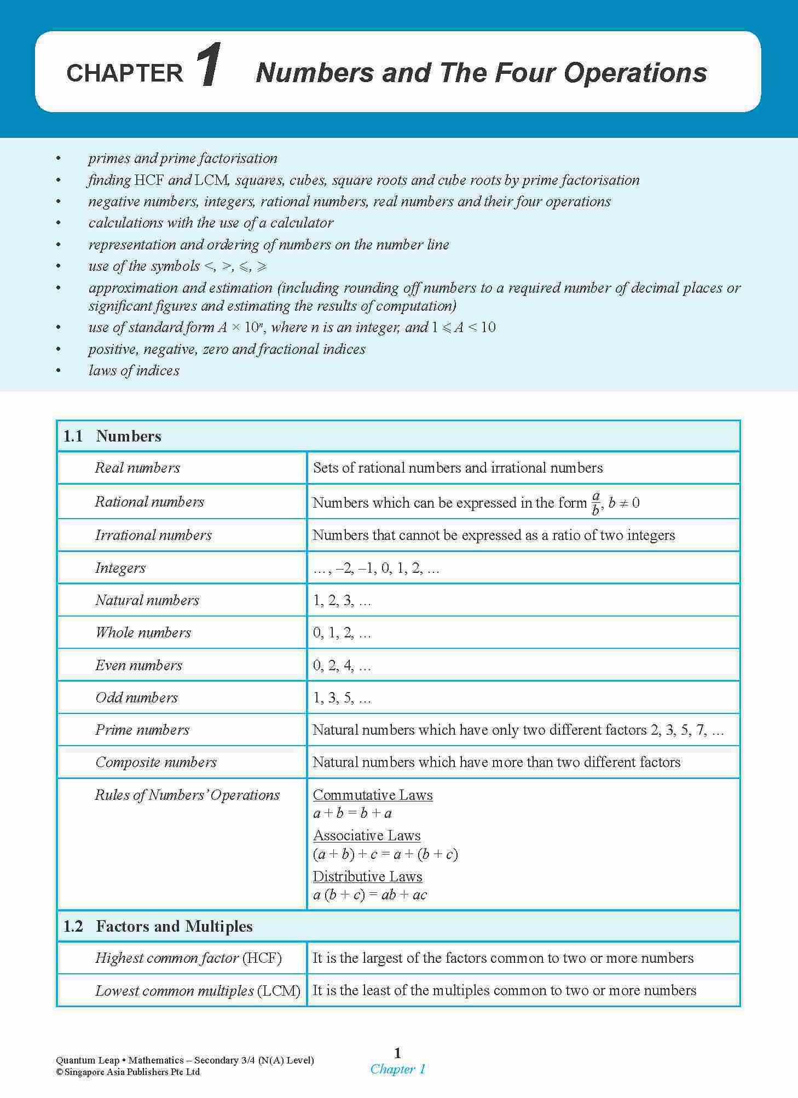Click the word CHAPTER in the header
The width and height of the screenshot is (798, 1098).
125,73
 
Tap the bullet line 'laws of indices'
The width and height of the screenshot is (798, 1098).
134,370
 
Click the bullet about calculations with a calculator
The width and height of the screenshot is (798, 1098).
211,223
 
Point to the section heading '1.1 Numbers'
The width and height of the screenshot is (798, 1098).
113,436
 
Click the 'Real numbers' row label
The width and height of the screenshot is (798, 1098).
137,468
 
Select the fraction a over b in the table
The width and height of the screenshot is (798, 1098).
595,503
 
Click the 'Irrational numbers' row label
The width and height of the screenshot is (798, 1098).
153,535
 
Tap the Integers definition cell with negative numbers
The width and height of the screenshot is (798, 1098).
376,568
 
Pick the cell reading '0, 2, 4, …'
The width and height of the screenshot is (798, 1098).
342,665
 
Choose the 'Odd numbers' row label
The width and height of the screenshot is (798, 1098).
137,698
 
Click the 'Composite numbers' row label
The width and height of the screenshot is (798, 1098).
156,762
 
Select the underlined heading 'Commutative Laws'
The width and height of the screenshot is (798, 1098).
373,795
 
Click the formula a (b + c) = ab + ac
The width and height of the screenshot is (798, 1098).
370,895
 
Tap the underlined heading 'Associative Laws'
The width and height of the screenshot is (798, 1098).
367,835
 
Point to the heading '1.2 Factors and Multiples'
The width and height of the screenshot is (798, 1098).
158,926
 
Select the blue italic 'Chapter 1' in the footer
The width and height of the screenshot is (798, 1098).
398,1069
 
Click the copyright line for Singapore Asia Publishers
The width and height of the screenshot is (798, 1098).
128,1072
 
